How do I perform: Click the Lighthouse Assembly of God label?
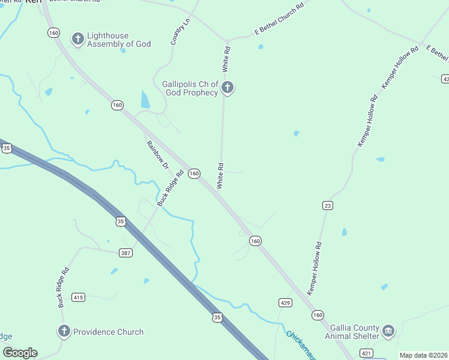coord(119,40)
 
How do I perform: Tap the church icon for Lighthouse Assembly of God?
coord(77,40)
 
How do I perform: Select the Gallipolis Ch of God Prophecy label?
coord(190,88)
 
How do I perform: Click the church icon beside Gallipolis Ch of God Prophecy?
coord(227,88)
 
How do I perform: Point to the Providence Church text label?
coord(108,332)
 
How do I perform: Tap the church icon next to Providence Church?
coord(64,331)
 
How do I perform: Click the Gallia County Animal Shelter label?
coord(354,332)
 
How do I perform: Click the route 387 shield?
coord(125,253)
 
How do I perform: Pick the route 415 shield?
coord(78,297)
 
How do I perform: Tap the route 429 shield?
coord(285,303)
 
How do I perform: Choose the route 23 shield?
coord(327,205)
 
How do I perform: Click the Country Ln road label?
coord(176,31)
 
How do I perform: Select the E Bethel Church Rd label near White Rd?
coord(279,17)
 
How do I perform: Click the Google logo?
coord(20,353)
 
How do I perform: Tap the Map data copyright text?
coord(423,355)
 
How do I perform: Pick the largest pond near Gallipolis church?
coord(145,99)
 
